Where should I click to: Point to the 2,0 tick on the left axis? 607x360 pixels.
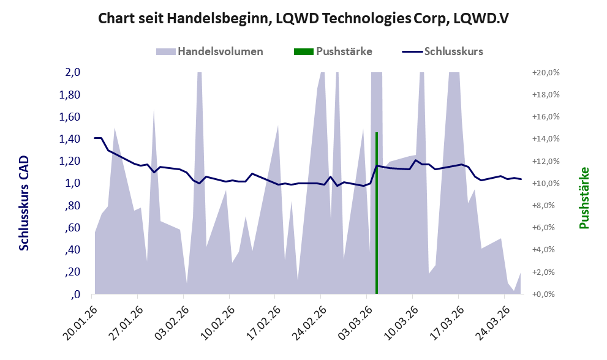[73, 72]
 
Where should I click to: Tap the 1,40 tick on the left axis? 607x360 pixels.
[70, 139]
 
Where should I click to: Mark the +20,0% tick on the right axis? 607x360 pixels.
[542, 72]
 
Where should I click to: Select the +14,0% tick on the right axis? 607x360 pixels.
[542, 139]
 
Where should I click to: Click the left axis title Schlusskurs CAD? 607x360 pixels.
[25, 202]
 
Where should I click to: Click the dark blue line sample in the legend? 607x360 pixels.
[412, 51]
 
